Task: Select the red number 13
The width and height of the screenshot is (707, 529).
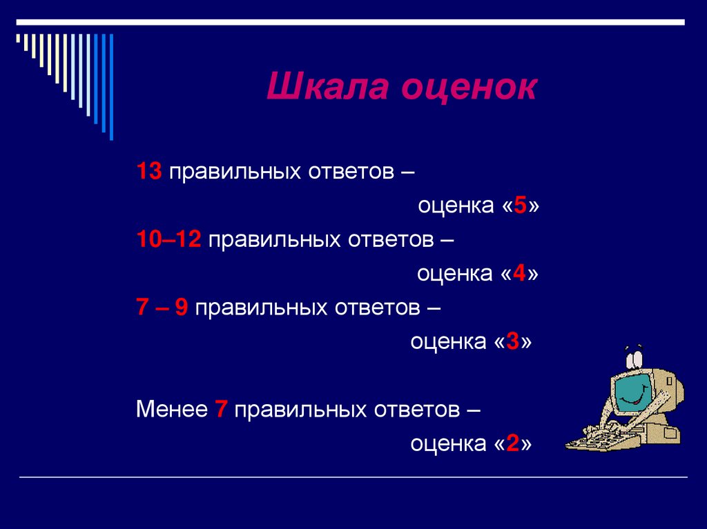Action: coord(149,172)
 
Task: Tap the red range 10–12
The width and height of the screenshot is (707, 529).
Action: coord(168,239)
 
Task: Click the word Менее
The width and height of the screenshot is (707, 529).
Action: coord(172,409)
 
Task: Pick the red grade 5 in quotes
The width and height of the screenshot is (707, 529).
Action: coord(520,206)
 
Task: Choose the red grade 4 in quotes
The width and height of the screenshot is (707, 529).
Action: coord(520,274)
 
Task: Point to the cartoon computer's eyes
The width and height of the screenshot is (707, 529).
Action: coord(635,358)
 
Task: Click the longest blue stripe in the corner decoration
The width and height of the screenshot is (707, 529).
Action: coord(111,86)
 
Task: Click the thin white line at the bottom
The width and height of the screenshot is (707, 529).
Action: coord(353,477)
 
